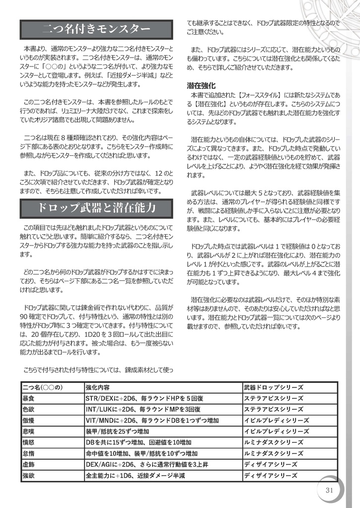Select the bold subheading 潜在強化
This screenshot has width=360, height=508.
[x=201, y=85]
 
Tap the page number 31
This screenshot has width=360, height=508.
[x=329, y=490]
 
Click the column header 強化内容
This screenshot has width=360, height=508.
[x=97, y=387]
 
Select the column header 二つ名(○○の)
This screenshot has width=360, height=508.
[x=44, y=387]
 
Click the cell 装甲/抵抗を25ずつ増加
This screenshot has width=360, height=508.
[x=117, y=431]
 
